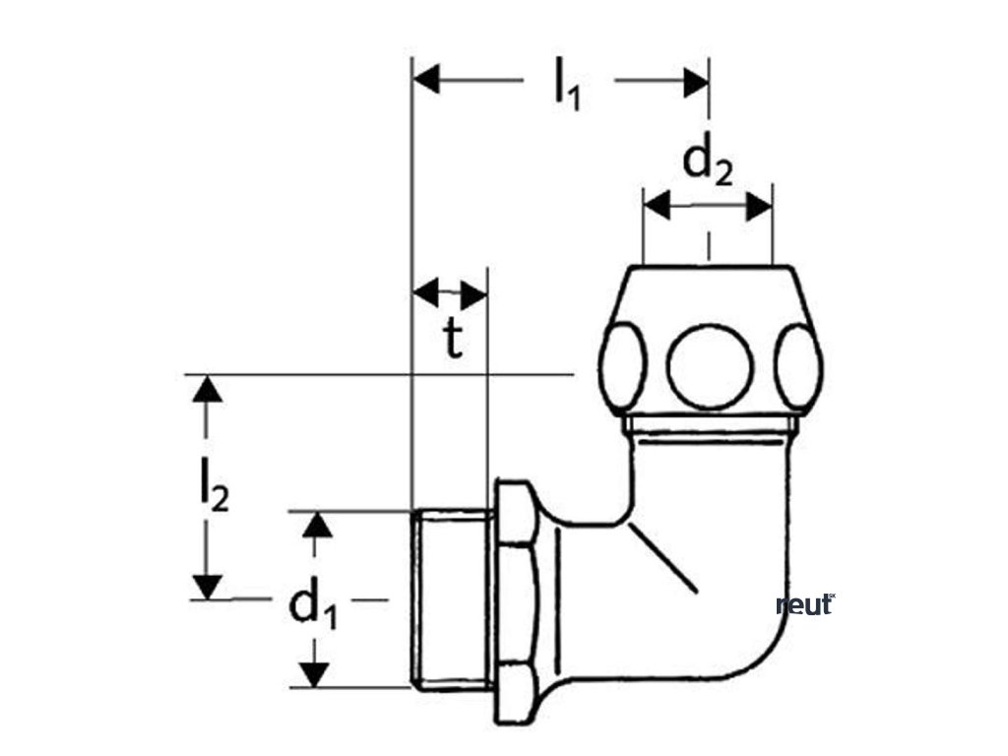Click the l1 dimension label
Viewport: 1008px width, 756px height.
coord(567,83)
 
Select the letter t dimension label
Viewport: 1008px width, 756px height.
coord(451,340)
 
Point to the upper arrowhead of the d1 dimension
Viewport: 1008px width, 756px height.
coord(314,524)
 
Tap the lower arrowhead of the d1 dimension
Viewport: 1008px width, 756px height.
coord(314,674)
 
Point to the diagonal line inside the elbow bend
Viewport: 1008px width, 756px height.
coord(663,557)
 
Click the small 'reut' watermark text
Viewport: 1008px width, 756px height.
coord(805,605)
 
